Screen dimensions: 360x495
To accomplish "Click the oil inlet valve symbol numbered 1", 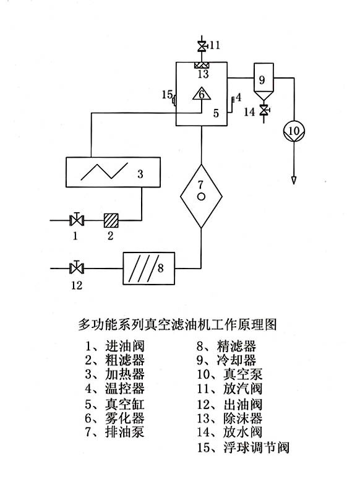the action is click(77, 220).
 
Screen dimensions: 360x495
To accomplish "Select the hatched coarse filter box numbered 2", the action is click(111, 220).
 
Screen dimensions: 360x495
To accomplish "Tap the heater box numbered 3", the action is click(113, 172).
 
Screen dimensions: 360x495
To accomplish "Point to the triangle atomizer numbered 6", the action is click(201, 93).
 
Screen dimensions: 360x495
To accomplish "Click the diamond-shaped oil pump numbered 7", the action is click(201, 196).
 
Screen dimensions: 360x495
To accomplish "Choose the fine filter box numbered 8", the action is click(148, 269).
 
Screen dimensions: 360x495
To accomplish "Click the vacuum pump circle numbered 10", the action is click(294, 131).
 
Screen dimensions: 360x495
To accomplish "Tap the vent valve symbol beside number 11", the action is click(202, 46).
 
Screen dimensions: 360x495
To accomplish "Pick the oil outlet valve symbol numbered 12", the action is click(76, 268).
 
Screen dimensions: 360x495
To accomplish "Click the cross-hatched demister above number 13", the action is click(202, 65).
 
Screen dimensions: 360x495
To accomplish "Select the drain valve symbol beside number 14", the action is click(264, 110).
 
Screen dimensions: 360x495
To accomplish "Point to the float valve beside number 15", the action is click(174, 101).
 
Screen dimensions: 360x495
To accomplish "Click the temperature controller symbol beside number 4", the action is click(233, 100).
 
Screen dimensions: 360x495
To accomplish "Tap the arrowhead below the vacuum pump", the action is click(294, 180).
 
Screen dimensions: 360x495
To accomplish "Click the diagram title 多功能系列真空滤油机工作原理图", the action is click(178, 324).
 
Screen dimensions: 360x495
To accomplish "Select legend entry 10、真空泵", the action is click(229, 374).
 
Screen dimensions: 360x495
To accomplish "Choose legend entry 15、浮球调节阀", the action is click(243, 447).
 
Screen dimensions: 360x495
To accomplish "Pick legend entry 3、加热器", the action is click(114, 374).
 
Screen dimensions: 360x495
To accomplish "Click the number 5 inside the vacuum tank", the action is click(216, 113).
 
